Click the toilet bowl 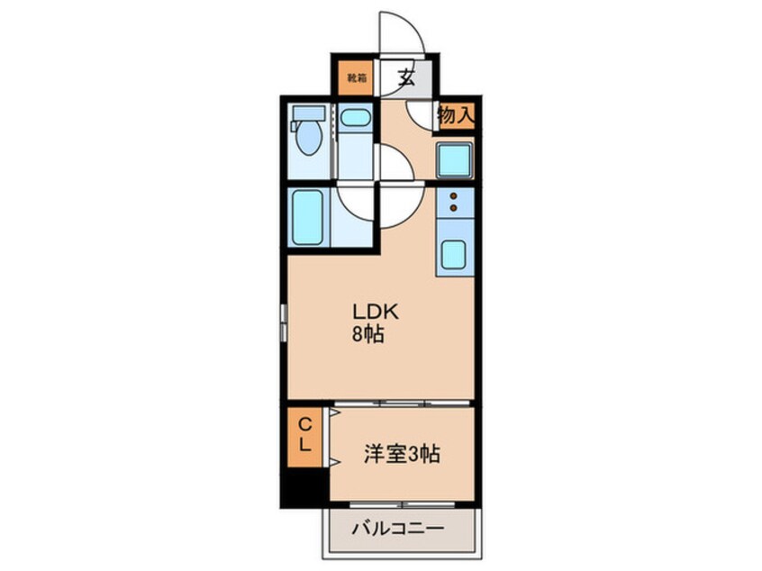coord(309,140)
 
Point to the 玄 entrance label coord(406,77)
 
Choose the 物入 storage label coord(455,115)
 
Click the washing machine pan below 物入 coord(456,160)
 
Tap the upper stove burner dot coord(454,195)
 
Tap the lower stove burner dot coord(454,209)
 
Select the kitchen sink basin coord(455,257)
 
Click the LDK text coord(368,313)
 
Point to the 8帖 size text coord(368,335)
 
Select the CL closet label coord(305,435)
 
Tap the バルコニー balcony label coord(397,529)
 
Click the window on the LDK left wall coord(283,323)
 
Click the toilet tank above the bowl coord(309,114)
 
